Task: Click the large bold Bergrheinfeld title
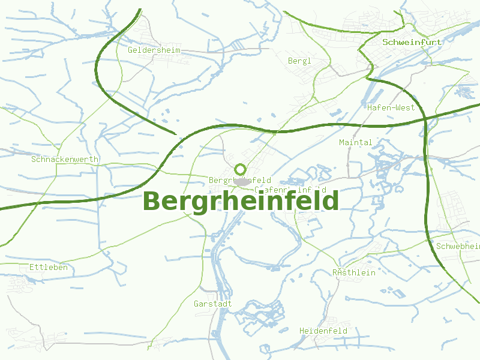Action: tap(241, 201)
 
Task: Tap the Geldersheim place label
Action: tap(154, 50)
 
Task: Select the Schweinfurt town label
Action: tap(412, 43)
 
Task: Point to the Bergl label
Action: tap(299, 61)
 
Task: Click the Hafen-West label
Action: tap(391, 107)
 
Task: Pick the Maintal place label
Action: tap(356, 142)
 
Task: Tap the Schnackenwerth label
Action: tap(65, 159)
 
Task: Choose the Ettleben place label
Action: tap(49, 267)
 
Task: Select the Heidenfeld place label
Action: tap(323, 331)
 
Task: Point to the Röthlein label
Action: tap(354, 272)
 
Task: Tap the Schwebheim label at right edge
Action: tap(459, 247)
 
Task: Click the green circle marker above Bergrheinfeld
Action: tap(241, 170)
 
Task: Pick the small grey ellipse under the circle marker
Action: tap(241, 181)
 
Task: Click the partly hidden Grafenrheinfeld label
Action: tap(291, 190)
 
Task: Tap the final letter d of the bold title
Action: tap(331, 200)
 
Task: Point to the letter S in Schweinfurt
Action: tap(385, 43)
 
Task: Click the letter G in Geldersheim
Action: tap(130, 50)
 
